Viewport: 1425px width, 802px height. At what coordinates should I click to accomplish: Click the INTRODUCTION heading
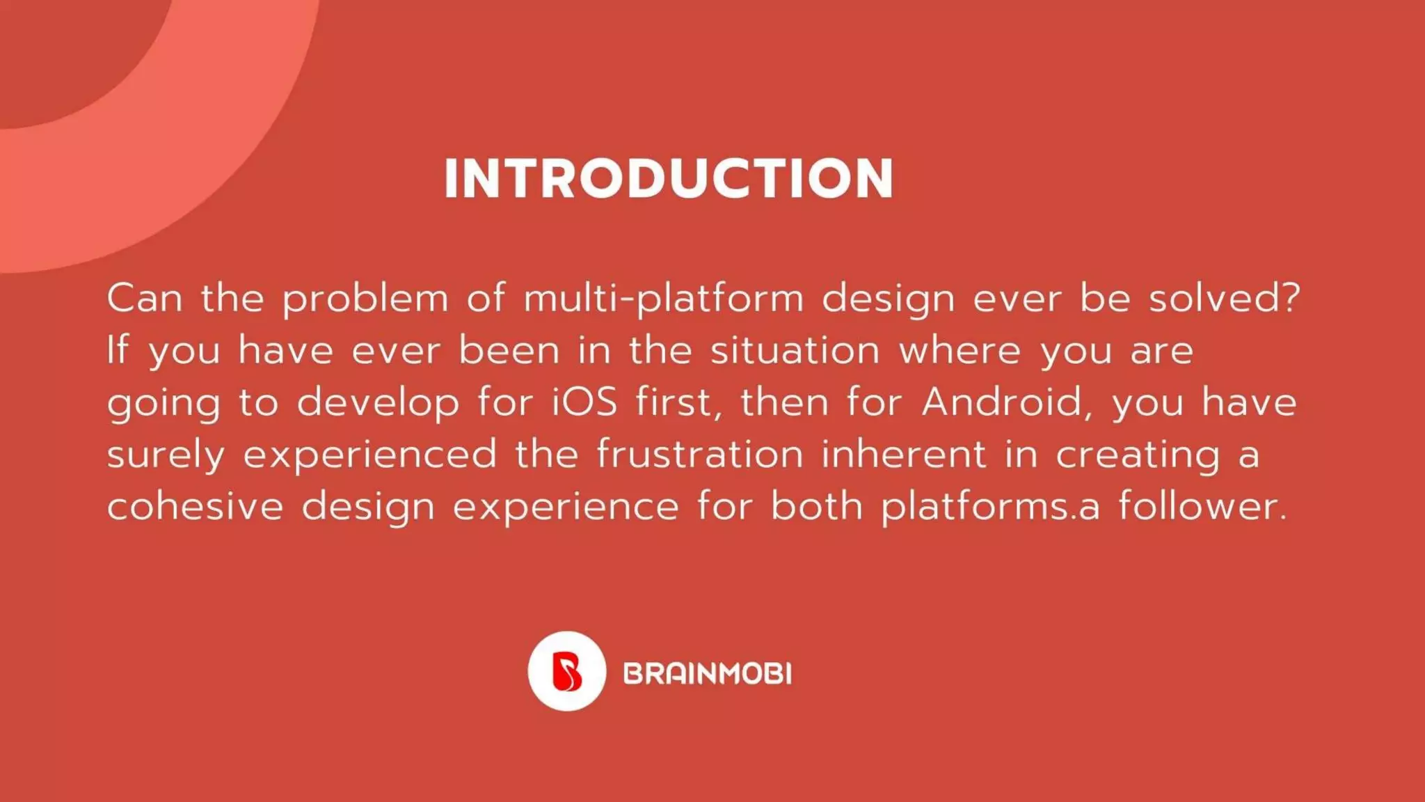[669, 179]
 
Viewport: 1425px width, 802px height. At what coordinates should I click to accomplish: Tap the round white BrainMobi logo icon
[566, 671]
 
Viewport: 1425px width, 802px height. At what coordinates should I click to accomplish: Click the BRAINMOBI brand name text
[707, 674]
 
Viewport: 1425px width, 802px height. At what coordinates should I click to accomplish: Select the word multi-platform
[664, 299]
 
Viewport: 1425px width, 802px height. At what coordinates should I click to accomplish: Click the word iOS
[584, 402]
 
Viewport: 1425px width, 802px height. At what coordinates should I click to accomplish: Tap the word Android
[1003, 402]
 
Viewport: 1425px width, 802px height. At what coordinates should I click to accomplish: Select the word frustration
[700, 454]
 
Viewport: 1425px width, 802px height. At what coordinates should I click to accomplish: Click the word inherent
[904, 454]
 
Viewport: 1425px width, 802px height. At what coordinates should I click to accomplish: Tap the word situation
[795, 350]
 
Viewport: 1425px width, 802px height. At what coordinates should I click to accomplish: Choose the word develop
[378, 404]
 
